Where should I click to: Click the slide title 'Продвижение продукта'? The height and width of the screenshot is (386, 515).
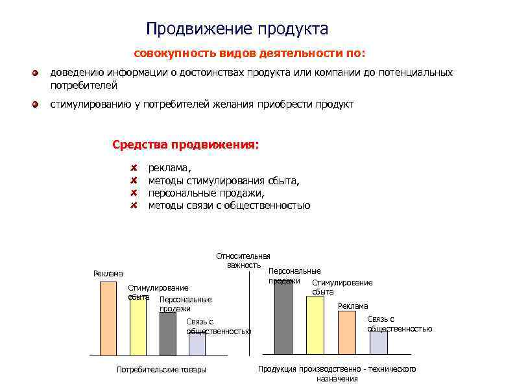(237, 29)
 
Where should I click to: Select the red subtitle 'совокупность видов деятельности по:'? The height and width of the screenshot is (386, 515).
(250, 53)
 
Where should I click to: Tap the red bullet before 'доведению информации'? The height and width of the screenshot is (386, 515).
(38, 73)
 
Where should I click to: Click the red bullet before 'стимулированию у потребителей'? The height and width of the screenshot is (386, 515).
(38, 104)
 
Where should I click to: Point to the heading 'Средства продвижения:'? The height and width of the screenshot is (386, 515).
(186, 144)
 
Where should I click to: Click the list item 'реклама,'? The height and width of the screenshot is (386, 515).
(166, 168)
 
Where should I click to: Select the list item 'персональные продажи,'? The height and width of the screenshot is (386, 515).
(206, 193)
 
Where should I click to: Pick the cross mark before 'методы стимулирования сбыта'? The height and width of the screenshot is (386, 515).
(133, 180)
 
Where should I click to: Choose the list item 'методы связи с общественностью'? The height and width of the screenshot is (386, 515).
(229, 206)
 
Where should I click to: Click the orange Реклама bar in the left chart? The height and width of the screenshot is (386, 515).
(108, 318)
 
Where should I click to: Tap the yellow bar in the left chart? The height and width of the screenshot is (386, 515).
(138, 328)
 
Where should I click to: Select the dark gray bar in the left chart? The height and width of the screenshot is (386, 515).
(167, 334)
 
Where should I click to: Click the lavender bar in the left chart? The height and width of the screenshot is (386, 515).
(197, 344)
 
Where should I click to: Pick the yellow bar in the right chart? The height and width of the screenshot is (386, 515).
(315, 325)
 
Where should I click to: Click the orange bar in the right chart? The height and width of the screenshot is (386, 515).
(348, 332)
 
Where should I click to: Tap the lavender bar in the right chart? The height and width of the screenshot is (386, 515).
(379, 342)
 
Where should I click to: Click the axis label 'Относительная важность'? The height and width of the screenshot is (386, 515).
(243, 260)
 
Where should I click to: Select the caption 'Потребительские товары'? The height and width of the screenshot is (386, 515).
(161, 370)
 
